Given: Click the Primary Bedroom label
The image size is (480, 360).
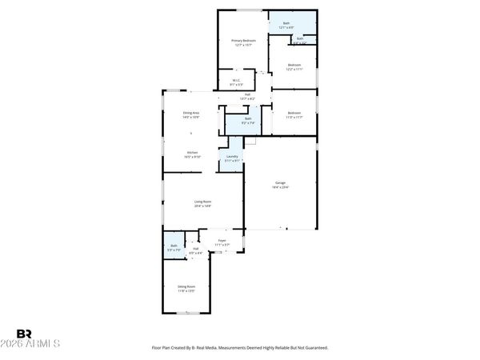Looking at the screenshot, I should (x=242, y=42).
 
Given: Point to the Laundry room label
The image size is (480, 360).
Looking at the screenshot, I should (x=233, y=158).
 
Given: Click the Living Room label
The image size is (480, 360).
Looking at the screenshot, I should (x=202, y=203).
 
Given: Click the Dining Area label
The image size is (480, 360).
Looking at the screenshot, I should (x=191, y=115).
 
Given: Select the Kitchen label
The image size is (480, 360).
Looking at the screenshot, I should (x=193, y=154).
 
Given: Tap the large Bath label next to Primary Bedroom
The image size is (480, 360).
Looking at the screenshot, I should (x=287, y=26).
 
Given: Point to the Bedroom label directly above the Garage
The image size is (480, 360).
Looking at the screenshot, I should (x=294, y=115).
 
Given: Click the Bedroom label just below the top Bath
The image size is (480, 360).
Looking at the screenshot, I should (x=294, y=66).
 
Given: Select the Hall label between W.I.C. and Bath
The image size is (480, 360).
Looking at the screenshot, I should (x=248, y=97).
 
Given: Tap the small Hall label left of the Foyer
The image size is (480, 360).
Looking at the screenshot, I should (x=195, y=251).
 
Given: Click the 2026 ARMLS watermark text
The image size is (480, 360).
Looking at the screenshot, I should (x=38, y=345).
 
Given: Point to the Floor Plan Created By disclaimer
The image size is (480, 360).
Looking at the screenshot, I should (x=240, y=348).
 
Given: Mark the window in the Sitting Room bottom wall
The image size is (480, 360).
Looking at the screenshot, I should (x=187, y=314).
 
